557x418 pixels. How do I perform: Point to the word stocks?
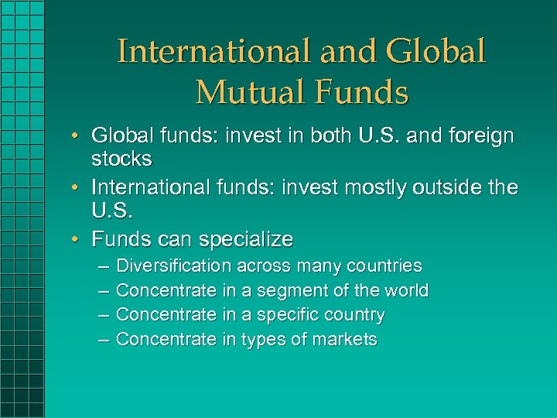[121, 159]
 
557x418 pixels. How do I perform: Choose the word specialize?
[245, 239]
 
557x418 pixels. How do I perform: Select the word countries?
[384, 266]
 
